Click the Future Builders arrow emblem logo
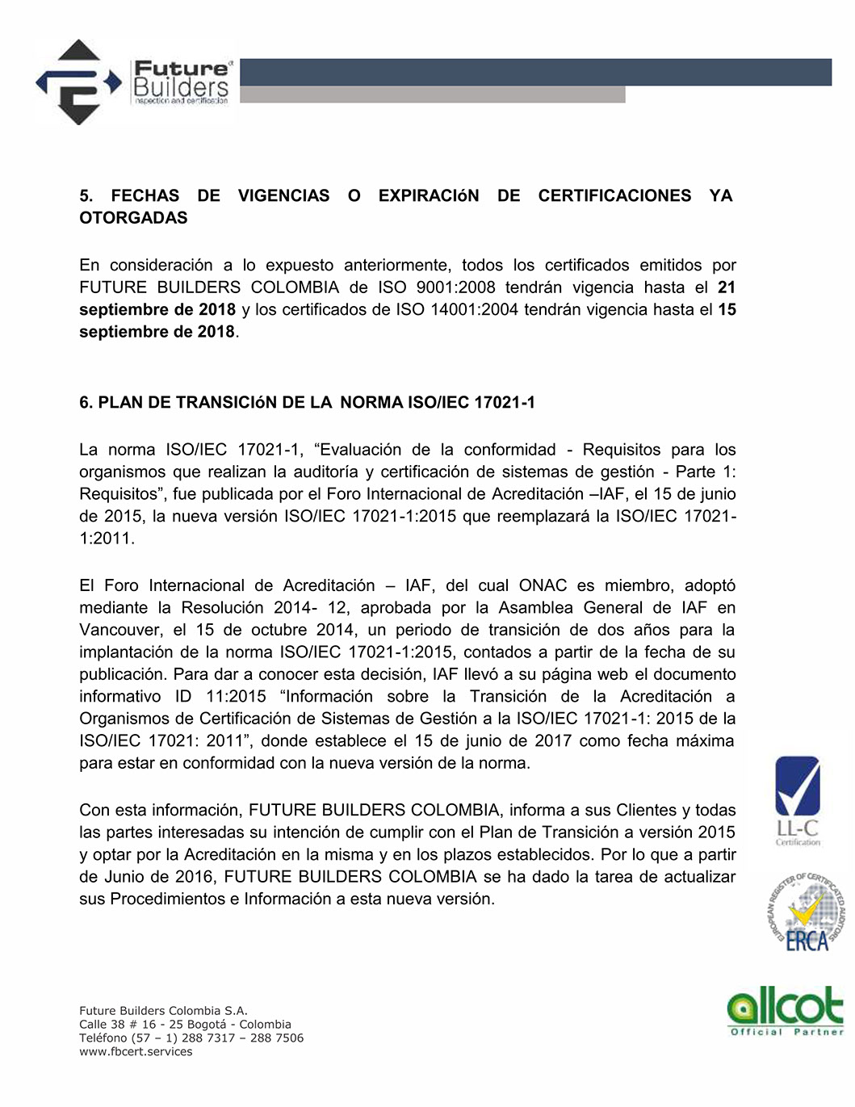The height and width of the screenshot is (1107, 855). [78, 82]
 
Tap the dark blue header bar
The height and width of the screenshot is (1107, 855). [535, 72]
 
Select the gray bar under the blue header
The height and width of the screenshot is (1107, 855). [432, 94]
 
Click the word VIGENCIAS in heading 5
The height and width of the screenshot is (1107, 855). [283, 195]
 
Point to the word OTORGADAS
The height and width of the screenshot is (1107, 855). [133, 218]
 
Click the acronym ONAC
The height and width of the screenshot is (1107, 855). [543, 585]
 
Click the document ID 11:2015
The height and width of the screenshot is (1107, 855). [236, 696]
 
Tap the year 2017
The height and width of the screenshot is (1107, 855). [552, 740]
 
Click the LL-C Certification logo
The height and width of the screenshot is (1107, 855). [798, 800]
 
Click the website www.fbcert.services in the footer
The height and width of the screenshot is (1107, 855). [136, 1051]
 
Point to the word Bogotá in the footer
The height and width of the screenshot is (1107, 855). [207, 1024]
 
